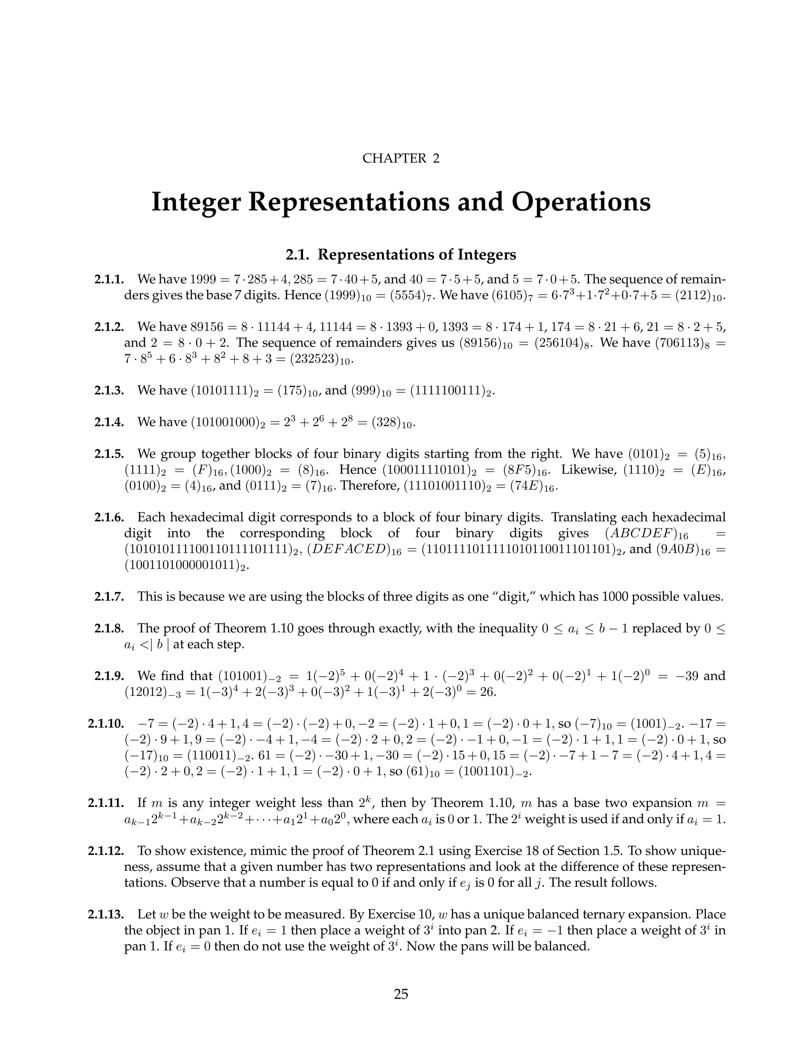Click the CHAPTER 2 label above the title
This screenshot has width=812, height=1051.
[x=401, y=158]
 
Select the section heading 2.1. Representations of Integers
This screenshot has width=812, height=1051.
[x=401, y=254]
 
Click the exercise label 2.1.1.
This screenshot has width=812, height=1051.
[x=110, y=279]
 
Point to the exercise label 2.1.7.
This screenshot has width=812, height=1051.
[x=110, y=597]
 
